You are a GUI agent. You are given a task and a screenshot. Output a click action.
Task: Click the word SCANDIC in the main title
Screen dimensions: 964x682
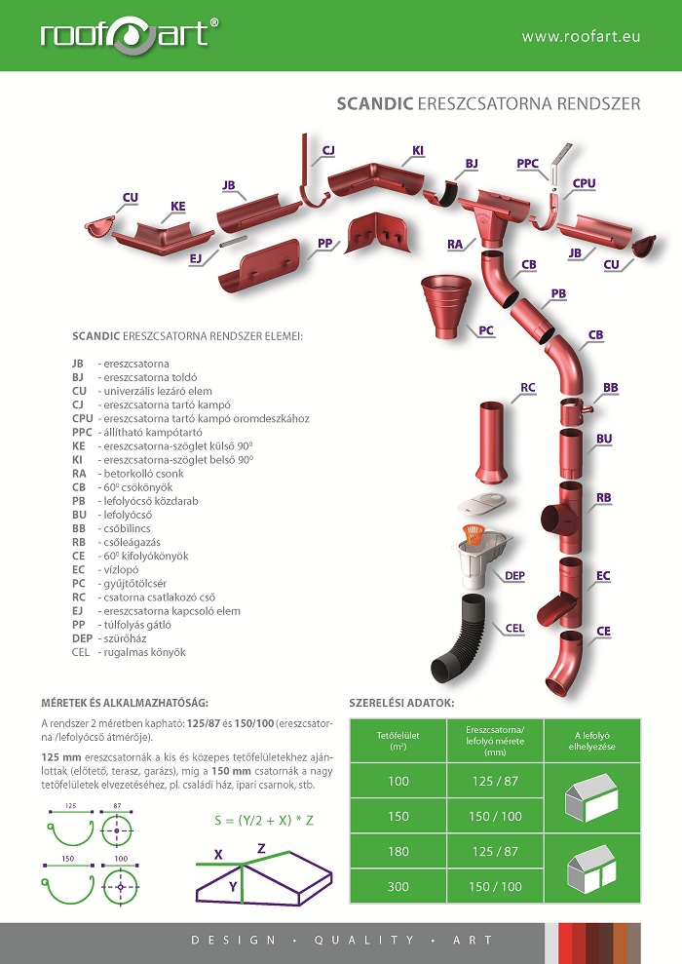click(374, 102)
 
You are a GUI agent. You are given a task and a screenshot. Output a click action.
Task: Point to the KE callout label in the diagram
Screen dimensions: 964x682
click(178, 207)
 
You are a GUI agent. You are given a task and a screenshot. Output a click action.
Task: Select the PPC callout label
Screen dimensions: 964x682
click(528, 163)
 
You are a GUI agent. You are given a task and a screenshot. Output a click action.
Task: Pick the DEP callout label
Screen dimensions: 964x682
click(515, 576)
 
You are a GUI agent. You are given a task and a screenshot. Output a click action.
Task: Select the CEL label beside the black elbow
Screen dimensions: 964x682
click(516, 628)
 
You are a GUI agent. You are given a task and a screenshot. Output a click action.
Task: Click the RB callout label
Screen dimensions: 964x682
click(604, 498)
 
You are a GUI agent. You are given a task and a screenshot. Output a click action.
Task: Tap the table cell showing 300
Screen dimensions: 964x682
click(398, 887)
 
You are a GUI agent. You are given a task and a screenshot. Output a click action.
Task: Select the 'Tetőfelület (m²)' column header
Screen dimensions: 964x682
click(398, 747)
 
